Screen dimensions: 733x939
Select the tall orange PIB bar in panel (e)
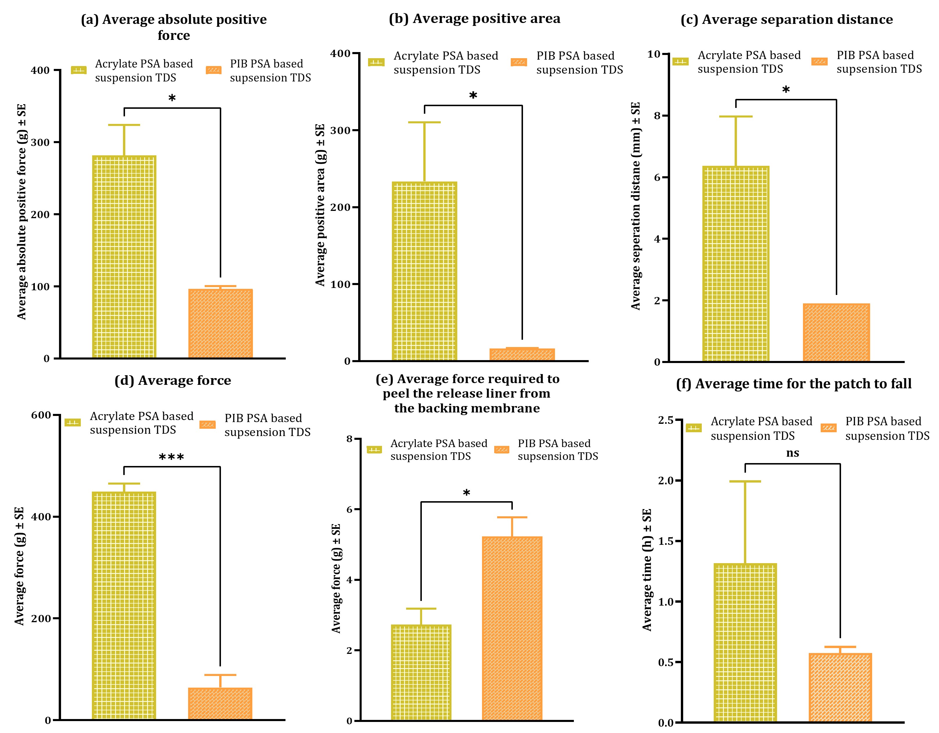coord(512,628)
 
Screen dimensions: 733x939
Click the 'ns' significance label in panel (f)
coord(792,453)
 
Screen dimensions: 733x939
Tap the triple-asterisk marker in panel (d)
coord(172,457)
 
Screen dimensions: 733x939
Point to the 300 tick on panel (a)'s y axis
coord(40,143)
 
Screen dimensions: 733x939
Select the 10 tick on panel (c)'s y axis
coord(654,54)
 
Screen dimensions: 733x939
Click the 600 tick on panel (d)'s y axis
coord(41,415)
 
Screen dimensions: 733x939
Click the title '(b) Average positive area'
coord(474,19)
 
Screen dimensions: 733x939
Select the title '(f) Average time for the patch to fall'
coord(794,383)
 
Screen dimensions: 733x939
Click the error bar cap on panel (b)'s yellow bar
coord(424,122)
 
